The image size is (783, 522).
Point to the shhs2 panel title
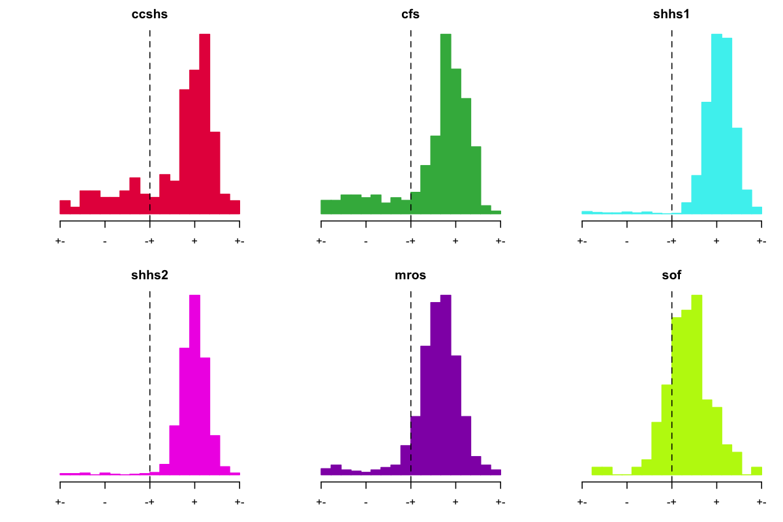[150, 275]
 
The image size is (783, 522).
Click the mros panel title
[410, 275]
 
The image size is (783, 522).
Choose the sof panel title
[671, 275]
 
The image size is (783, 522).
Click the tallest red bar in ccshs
[205, 124]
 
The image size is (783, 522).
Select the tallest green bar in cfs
[446, 124]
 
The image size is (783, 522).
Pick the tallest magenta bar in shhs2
[194, 385]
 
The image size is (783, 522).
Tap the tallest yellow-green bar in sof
[697, 385]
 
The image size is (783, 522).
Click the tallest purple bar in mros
[446, 385]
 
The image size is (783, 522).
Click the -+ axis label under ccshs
[150, 241]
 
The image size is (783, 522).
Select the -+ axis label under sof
[671, 502]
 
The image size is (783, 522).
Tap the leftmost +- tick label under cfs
[320, 241]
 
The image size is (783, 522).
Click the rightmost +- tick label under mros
[500, 502]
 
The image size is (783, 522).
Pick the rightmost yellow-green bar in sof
[756, 470]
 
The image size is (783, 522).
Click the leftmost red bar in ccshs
[65, 207]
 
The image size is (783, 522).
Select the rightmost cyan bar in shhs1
[756, 210]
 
